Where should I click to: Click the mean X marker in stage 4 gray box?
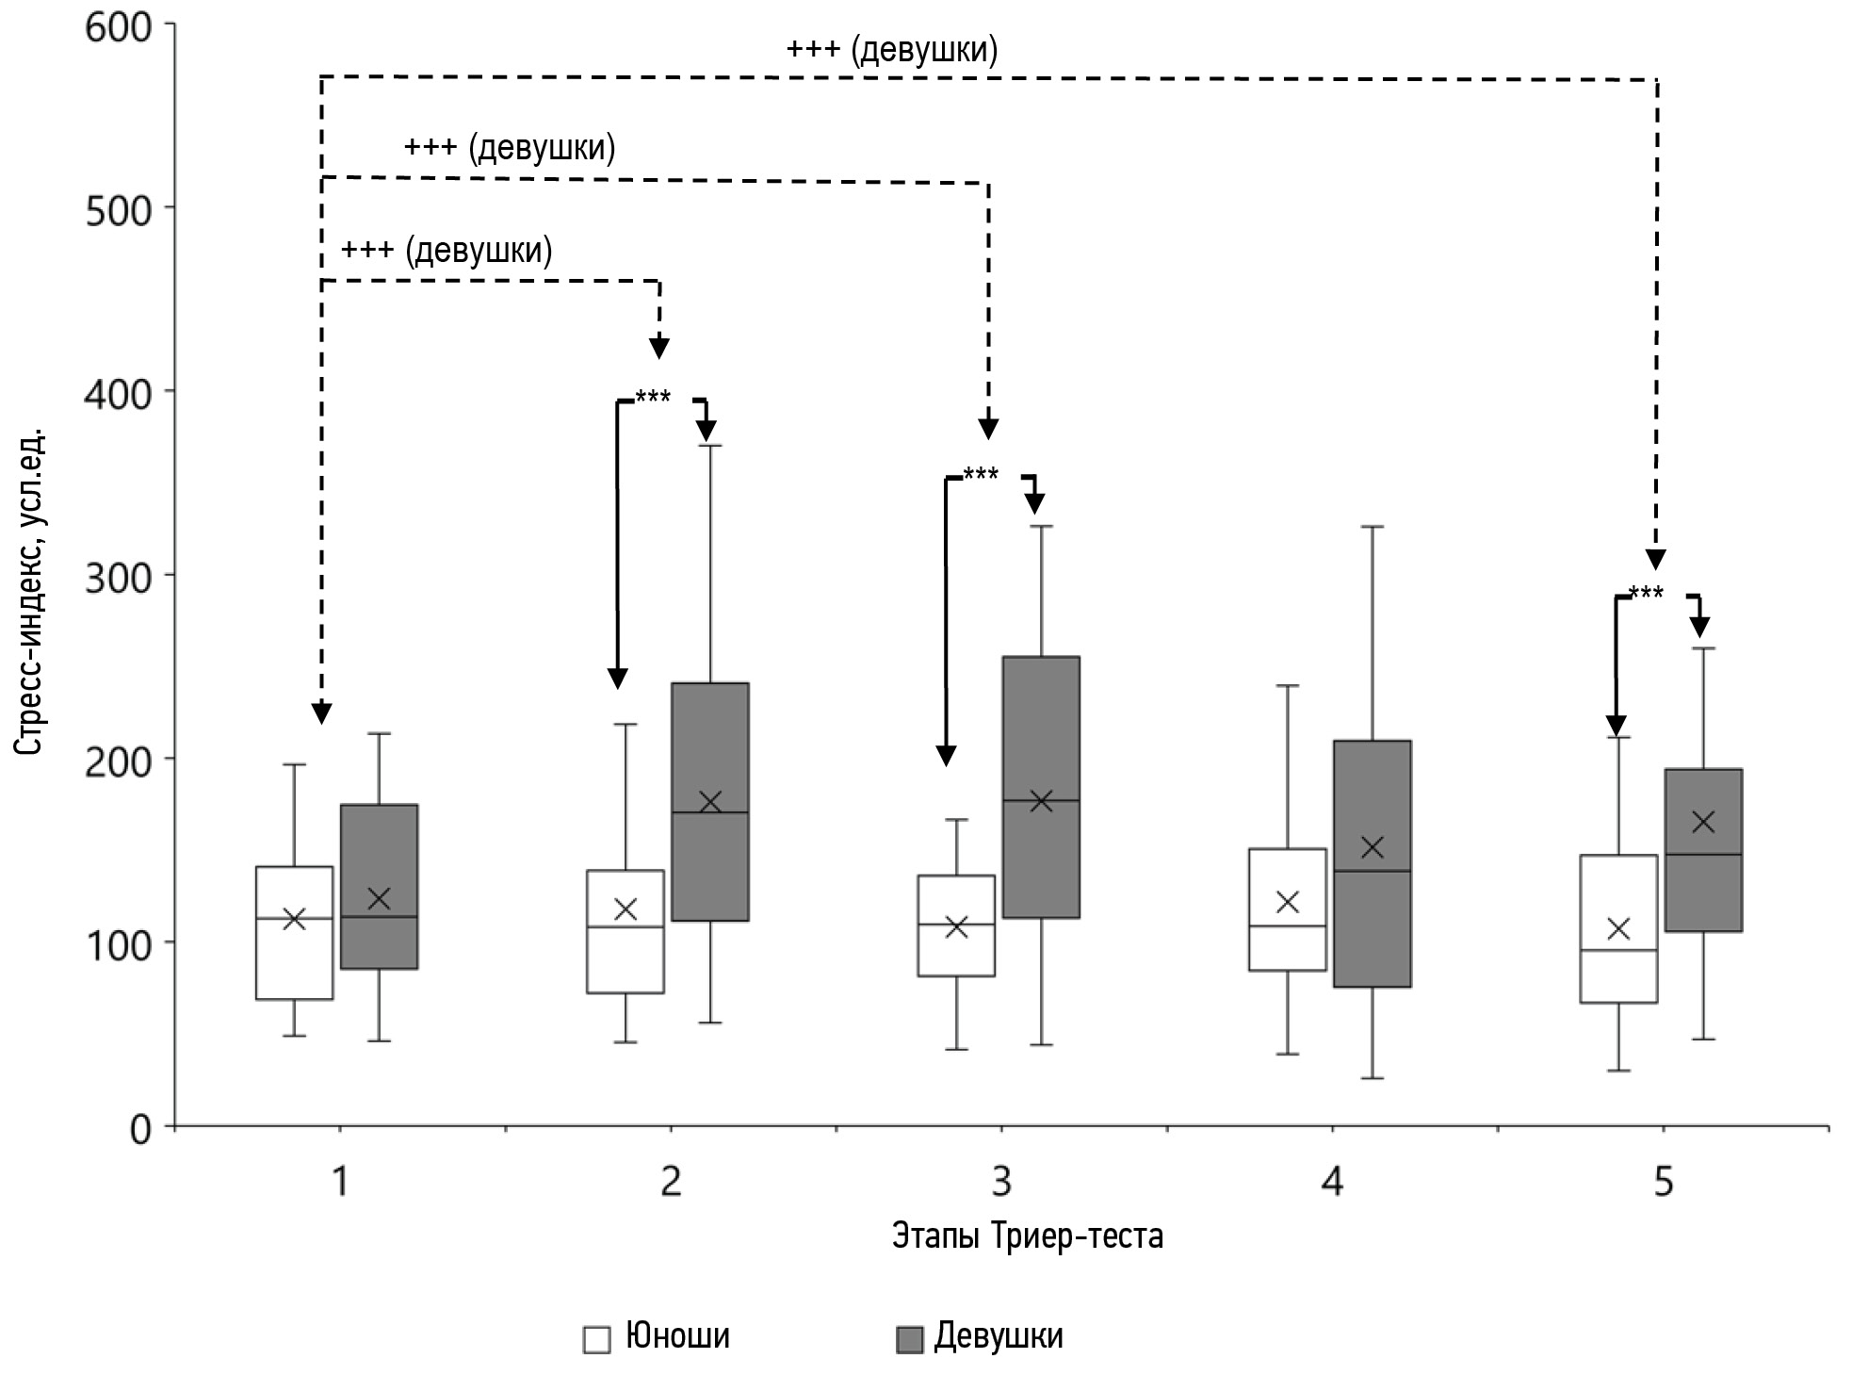coord(1373,846)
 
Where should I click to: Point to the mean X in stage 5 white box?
coord(1618,928)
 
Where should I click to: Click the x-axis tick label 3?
coord(1001,1181)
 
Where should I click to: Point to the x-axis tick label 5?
coord(1664,1181)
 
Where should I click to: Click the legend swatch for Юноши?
coord(596,1339)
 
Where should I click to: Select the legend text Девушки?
coord(999,1336)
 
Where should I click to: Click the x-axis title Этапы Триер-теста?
coord(1028,1236)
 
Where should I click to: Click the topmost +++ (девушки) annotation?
coord(892,50)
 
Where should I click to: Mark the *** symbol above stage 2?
coord(653,397)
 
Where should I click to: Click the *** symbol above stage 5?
coord(1646,593)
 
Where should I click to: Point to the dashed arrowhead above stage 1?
coord(321,712)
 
